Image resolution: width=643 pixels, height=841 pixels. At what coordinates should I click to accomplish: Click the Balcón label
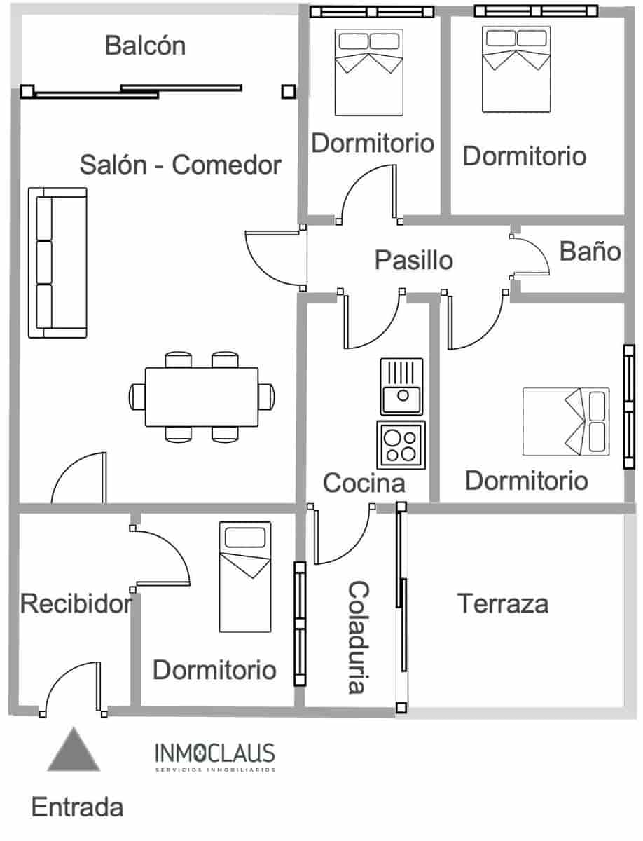click(x=145, y=46)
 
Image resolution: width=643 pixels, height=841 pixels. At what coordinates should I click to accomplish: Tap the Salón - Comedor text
click(x=180, y=165)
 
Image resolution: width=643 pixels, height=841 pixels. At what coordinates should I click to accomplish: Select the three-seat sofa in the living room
click(x=57, y=262)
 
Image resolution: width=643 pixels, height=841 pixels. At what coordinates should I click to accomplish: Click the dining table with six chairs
click(x=201, y=397)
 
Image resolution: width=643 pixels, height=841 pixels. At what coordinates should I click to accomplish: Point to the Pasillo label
click(x=413, y=260)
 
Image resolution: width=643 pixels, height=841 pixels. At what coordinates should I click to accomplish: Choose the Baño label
click(x=590, y=251)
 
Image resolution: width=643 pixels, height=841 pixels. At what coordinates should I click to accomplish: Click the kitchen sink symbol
click(x=402, y=386)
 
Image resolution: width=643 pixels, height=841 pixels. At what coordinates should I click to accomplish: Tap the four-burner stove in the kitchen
click(x=401, y=444)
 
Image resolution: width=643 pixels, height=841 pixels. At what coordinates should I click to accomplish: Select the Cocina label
click(x=364, y=483)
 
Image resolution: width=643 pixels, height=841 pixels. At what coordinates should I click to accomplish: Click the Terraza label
click(x=502, y=603)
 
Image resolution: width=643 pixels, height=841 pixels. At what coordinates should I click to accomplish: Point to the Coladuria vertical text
click(x=357, y=636)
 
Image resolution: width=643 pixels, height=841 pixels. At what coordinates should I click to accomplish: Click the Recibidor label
click(x=76, y=603)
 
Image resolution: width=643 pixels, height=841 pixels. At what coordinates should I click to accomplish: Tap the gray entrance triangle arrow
click(x=73, y=751)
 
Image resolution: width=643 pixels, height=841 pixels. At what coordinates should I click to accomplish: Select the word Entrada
click(x=77, y=807)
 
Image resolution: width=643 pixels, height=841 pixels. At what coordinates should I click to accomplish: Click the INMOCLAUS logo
click(x=214, y=756)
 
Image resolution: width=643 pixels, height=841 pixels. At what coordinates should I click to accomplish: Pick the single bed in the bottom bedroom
click(x=245, y=576)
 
